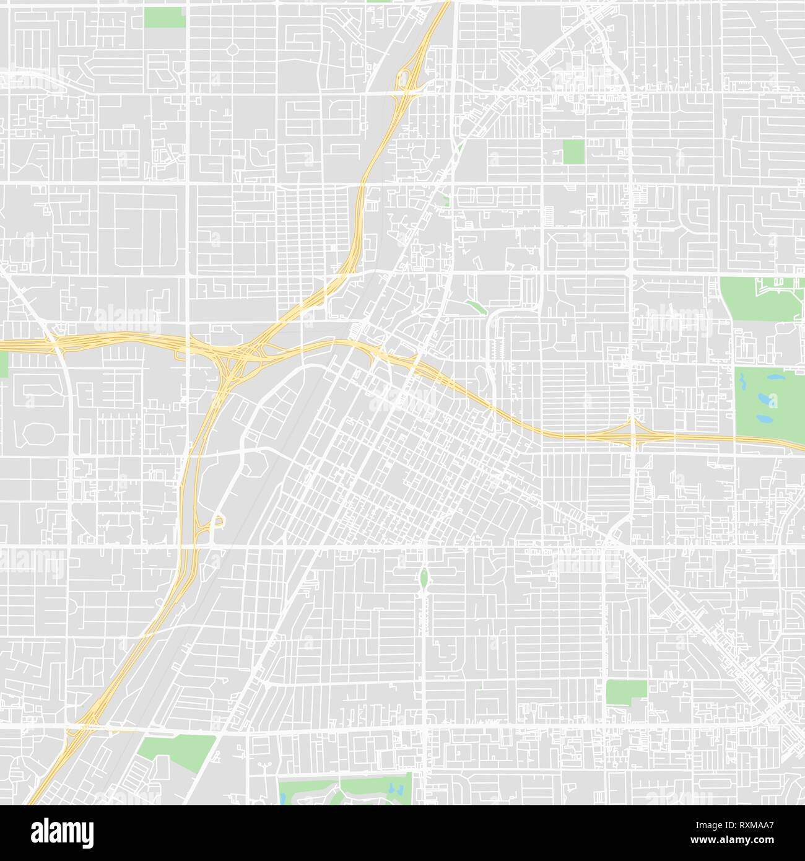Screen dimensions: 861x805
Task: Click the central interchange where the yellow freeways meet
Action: tap(238, 356)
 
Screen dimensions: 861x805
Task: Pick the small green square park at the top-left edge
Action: tap(165, 17)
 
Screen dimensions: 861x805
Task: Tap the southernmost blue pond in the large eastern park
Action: tap(764, 419)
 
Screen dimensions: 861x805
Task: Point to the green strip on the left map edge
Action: tap(4, 364)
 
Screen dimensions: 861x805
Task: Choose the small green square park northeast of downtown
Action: tap(574, 151)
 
